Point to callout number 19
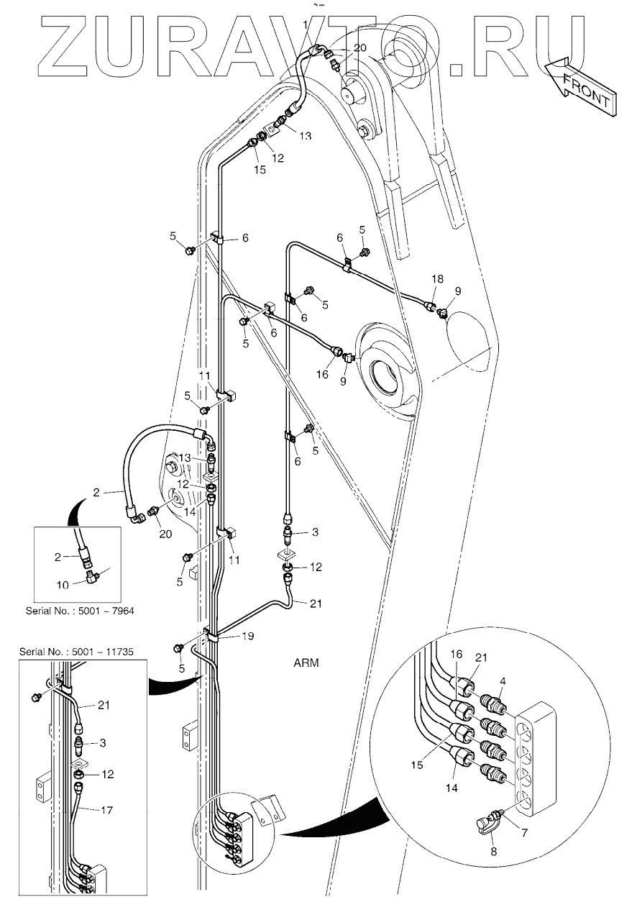(249, 636)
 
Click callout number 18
(438, 278)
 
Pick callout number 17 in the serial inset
(105, 810)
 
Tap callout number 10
(63, 584)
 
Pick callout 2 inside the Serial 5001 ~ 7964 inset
(62, 555)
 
